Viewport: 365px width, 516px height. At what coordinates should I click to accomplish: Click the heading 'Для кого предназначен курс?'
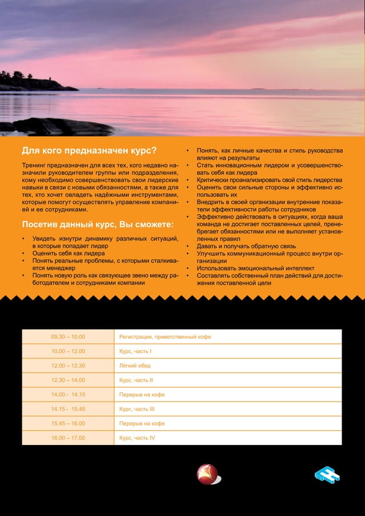point(89,152)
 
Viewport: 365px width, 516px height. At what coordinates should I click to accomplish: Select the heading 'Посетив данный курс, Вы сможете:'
point(97,223)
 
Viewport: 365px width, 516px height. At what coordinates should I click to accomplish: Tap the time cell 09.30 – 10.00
point(68,337)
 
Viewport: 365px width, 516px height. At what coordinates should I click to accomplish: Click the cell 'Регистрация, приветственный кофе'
point(165,337)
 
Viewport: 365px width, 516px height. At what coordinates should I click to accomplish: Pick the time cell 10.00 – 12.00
point(68,351)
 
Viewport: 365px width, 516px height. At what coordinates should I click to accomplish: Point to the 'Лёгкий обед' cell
point(135,366)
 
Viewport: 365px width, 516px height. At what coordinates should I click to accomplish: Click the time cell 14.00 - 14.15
point(68,395)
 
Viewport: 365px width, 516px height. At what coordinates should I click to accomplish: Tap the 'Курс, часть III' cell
point(137,409)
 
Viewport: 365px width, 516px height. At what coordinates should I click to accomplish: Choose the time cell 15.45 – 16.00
point(68,423)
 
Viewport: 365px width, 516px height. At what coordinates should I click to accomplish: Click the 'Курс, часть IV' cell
point(137,438)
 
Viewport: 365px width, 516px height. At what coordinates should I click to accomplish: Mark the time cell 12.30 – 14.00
point(68,380)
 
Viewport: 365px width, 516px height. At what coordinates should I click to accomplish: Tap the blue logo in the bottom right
point(327,476)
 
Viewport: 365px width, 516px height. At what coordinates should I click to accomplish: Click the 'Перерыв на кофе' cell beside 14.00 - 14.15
point(142,395)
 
